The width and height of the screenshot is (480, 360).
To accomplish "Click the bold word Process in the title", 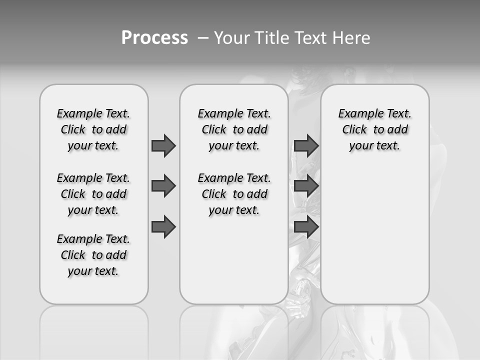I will [x=154, y=38].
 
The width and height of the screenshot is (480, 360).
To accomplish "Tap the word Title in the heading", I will [x=272, y=38].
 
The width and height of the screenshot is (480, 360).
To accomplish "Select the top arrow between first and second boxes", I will [x=163, y=145].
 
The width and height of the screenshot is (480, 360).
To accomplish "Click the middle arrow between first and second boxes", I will [x=163, y=186].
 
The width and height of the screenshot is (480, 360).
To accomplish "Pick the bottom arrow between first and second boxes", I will [x=163, y=227].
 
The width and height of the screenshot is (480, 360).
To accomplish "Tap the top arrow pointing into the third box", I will [x=306, y=145].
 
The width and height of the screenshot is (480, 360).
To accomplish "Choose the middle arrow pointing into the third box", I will [x=306, y=186].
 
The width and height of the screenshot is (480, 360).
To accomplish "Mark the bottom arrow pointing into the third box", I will [x=306, y=227].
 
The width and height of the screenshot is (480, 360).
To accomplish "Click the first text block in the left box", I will [x=93, y=129].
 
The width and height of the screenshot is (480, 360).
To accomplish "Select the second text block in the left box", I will [x=93, y=194].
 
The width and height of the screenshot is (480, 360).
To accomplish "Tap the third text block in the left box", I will [x=93, y=255].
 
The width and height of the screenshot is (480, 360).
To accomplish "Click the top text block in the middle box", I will [x=234, y=129].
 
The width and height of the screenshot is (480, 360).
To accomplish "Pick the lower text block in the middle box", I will [x=234, y=194].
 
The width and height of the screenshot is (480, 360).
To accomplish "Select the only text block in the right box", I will [x=375, y=129].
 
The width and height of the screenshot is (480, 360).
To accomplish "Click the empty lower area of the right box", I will [x=375, y=235].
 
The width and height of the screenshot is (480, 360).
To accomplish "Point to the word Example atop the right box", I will [x=356, y=114].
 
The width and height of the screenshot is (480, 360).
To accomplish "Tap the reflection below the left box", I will [x=94, y=330].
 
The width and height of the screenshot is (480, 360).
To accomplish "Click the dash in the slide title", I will [x=203, y=38].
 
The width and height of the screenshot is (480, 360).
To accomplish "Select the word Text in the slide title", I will [x=310, y=38].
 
